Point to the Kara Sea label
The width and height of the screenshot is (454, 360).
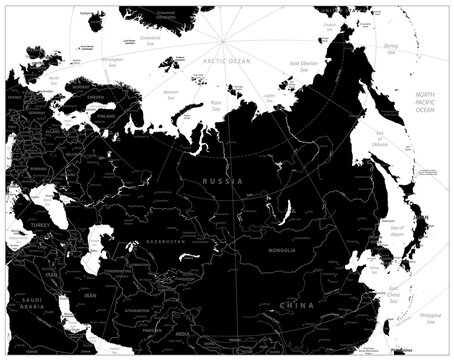[x=216, y=102]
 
